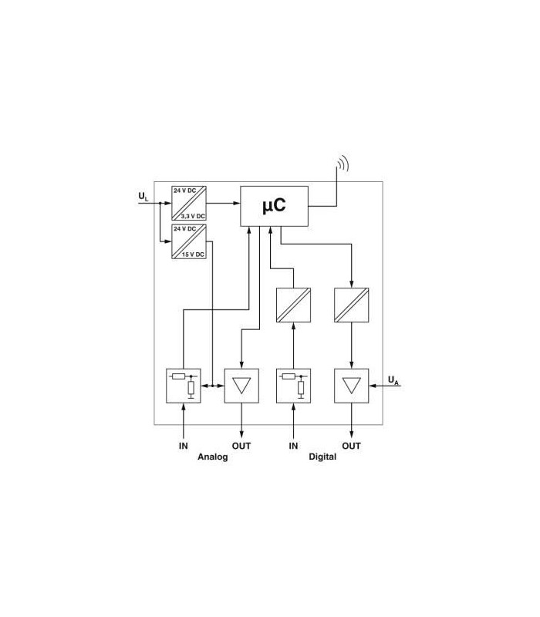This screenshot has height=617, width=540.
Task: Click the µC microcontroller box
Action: [274, 206]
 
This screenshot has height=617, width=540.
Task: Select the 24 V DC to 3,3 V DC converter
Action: [189, 203]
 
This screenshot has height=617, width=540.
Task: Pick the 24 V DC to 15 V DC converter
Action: [189, 241]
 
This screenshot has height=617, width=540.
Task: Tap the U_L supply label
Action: [143, 197]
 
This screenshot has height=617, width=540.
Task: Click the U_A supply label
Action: [393, 380]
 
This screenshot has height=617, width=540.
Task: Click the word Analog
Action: [213, 457]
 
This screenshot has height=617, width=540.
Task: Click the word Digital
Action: [322, 457]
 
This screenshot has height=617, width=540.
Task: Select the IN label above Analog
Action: [184, 446]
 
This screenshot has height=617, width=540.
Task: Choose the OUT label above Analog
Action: [241, 446]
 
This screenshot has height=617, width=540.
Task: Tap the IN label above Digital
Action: [293, 446]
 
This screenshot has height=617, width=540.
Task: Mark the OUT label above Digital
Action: [351, 446]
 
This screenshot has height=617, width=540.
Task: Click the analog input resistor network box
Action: [184, 386]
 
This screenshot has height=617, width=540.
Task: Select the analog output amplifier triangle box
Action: [241, 386]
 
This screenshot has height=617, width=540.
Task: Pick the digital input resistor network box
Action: [293, 386]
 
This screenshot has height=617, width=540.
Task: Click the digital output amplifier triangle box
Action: [352, 386]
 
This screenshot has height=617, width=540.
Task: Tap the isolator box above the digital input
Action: [293, 305]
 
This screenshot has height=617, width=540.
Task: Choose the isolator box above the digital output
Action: [352, 305]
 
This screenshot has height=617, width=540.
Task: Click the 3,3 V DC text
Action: [193, 217]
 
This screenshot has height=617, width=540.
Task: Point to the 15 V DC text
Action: [193, 255]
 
